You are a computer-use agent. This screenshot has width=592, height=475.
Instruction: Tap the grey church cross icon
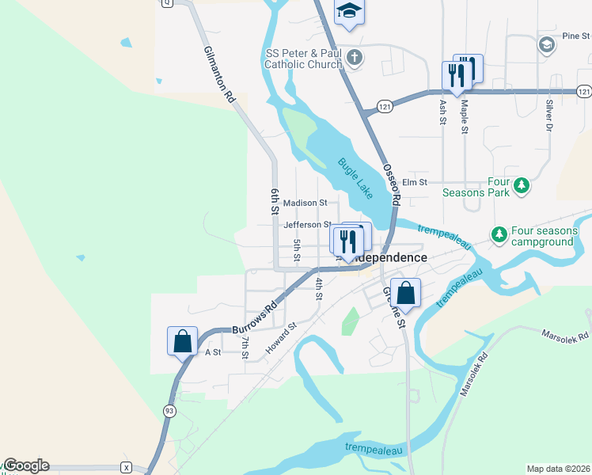tap(355, 57)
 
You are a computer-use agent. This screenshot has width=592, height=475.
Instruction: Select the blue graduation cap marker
tap(348, 13)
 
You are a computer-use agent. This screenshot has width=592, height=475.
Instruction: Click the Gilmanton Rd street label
tap(219, 74)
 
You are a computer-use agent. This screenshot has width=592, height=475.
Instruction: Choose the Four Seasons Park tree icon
tap(522, 186)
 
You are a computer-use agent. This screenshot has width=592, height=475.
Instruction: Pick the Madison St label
tap(305, 203)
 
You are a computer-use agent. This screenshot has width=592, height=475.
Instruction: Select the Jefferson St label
tap(307, 225)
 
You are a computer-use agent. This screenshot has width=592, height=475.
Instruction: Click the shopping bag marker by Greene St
tap(405, 294)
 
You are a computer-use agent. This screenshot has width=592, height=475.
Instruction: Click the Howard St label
tap(281, 336)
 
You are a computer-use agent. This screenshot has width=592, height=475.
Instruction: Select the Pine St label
tap(575, 36)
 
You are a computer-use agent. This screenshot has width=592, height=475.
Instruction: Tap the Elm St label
tap(415, 182)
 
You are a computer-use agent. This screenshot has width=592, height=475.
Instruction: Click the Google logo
tap(26, 465)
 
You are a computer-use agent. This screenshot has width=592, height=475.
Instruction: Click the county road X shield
tap(126, 467)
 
